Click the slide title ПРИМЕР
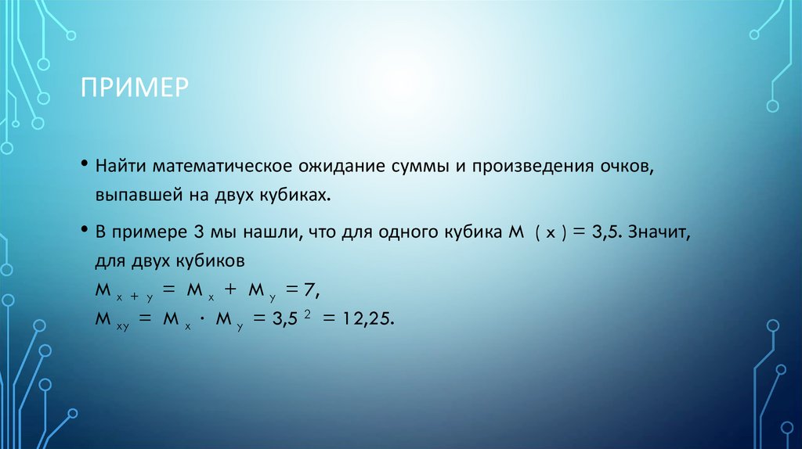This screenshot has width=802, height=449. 134,85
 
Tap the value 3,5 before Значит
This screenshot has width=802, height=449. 605,232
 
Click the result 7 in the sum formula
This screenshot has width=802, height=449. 311,290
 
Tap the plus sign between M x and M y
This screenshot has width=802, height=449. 230,290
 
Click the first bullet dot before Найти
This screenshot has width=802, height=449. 83,166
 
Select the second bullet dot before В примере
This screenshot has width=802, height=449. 83,231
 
